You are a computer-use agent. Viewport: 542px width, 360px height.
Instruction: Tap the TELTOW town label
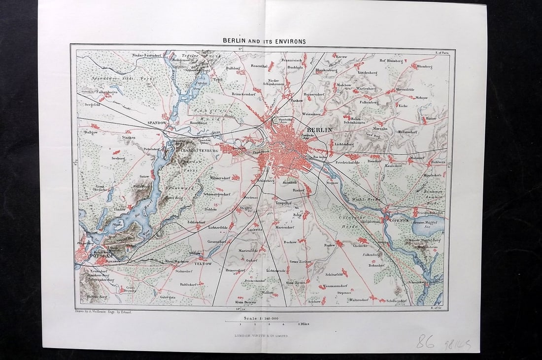click(x=203, y=263)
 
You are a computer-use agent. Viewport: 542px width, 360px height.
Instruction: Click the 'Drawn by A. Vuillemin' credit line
click(x=103, y=312)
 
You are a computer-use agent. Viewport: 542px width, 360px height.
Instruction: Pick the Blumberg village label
click(x=424, y=66)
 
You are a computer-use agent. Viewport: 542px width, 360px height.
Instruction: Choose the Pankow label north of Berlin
click(x=297, y=100)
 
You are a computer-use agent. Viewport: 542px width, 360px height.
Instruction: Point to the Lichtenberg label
click(x=344, y=144)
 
